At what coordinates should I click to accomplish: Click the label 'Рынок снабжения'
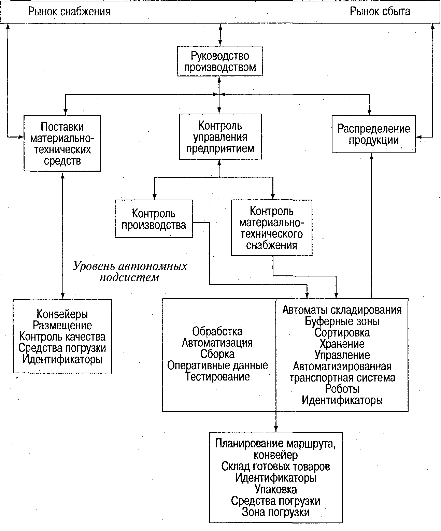point(69,12)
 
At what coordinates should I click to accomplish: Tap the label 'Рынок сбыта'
point(380,12)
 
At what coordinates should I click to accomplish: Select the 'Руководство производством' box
point(220,61)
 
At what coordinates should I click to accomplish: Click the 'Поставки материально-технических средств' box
point(62,143)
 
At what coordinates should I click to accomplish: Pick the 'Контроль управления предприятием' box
point(220,137)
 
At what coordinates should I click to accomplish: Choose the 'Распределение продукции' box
point(373,134)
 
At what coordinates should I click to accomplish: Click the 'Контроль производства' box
point(154,219)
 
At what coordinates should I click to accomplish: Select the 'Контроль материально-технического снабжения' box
point(271,228)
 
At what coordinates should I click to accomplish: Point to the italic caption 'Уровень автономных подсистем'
point(130,272)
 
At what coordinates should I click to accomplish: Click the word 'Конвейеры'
point(62,314)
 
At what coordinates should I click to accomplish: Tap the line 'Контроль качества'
point(62,336)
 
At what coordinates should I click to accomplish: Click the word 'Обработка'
point(217,331)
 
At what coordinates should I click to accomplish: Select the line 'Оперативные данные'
point(217,365)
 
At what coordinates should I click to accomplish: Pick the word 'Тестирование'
point(217,376)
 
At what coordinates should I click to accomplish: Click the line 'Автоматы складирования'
point(342,310)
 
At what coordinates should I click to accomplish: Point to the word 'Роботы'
point(342,388)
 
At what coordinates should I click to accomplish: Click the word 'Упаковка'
point(275,489)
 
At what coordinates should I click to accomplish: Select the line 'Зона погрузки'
point(275,512)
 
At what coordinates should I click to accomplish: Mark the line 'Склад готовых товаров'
point(275,466)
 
